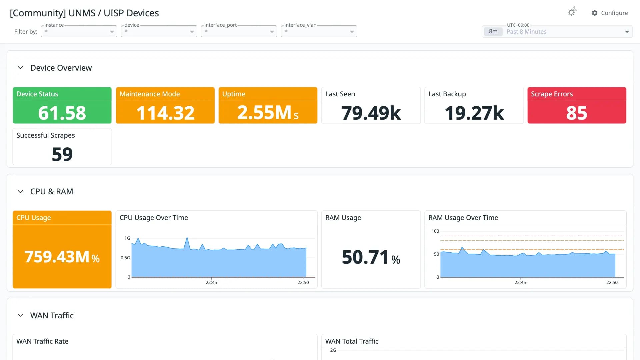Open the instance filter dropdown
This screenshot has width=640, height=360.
[x=79, y=31]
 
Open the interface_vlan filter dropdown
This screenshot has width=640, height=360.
[x=319, y=31]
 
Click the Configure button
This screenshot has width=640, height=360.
[x=610, y=13]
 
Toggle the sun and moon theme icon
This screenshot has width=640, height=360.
[x=572, y=12]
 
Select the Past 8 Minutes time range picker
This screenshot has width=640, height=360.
[x=557, y=32]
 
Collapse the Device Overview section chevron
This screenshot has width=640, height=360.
[x=20, y=68]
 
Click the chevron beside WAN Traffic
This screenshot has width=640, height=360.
[x=20, y=315]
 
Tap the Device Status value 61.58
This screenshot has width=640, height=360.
[x=62, y=113]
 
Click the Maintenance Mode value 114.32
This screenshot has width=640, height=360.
[x=165, y=113]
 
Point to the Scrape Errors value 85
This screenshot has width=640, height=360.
[x=577, y=113]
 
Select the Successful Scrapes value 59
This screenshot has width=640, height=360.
[x=62, y=154]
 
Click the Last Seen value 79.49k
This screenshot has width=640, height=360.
[x=371, y=113]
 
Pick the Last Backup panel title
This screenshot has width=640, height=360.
[x=447, y=94]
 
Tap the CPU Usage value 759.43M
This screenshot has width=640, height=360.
[x=57, y=257]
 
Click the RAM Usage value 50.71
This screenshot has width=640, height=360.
[x=365, y=257]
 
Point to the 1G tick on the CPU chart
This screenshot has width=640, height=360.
[x=127, y=238]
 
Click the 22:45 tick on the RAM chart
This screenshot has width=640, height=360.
[x=520, y=282]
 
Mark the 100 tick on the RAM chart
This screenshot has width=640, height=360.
[x=435, y=231]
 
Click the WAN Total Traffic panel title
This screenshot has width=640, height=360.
[x=352, y=341]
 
